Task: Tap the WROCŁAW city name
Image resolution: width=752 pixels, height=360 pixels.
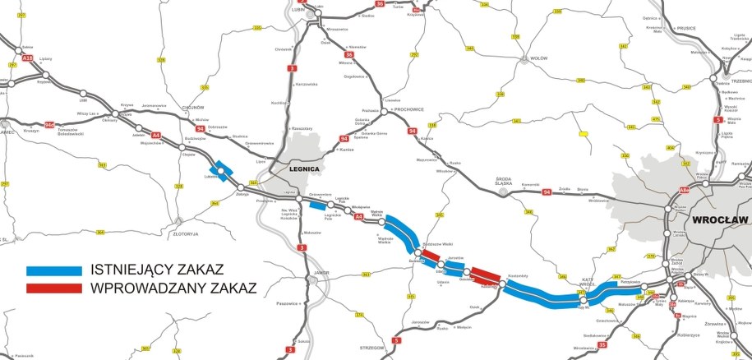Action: tap(719, 219)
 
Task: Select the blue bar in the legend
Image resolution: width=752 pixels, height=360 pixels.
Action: tap(54, 270)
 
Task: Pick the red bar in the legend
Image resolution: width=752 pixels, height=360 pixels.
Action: tap(54, 288)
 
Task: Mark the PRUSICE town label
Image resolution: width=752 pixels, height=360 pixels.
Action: tap(685, 28)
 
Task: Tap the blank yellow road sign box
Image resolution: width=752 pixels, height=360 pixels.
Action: tap(584, 132)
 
